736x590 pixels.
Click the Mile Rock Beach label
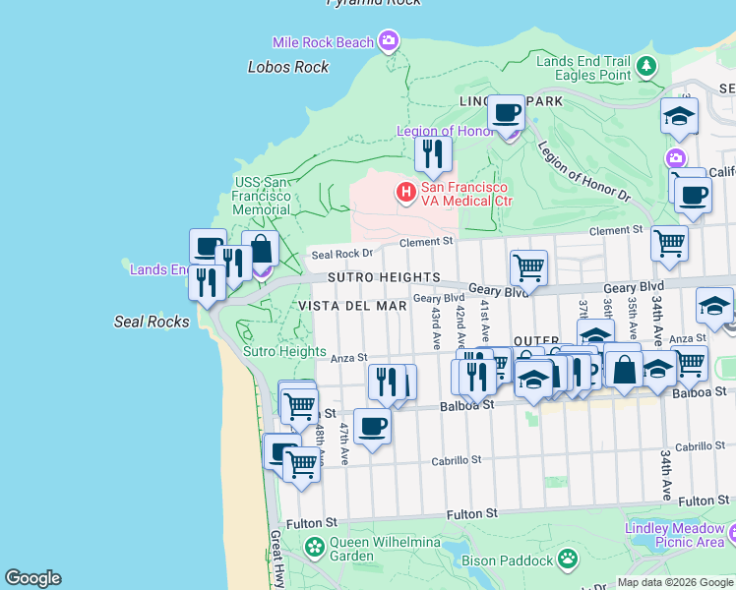(324, 42)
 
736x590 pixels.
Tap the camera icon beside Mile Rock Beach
(389, 41)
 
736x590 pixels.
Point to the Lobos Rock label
(288, 67)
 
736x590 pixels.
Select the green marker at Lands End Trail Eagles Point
(646, 67)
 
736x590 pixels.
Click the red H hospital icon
(404, 194)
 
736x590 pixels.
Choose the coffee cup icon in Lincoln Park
(507, 113)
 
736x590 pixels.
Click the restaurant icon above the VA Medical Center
(432, 154)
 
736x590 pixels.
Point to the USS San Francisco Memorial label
(262, 196)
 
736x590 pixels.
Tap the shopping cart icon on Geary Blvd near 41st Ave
(528, 266)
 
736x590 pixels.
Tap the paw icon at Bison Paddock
(568, 560)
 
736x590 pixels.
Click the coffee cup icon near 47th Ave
(372, 427)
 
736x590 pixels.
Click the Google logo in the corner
(32, 578)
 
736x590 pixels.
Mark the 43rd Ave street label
(435, 326)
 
